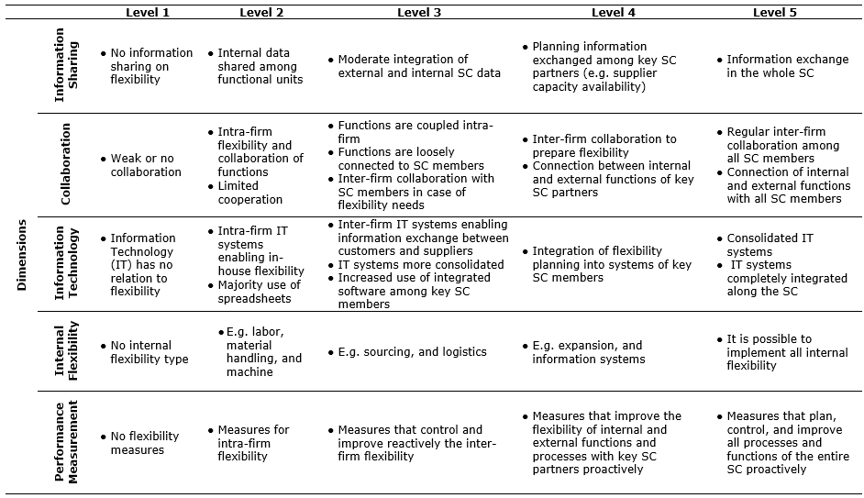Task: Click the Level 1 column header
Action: coord(148,12)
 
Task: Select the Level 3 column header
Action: coord(419,12)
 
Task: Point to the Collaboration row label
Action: coord(65,165)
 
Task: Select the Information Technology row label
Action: coord(65,264)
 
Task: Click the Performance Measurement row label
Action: coord(65,443)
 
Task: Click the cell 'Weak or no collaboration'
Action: coord(145,165)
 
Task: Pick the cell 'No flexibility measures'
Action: coord(145,443)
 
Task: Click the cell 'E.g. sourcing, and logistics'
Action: coord(412,352)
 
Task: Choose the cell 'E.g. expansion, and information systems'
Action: coord(588,352)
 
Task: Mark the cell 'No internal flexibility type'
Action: coord(149,352)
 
